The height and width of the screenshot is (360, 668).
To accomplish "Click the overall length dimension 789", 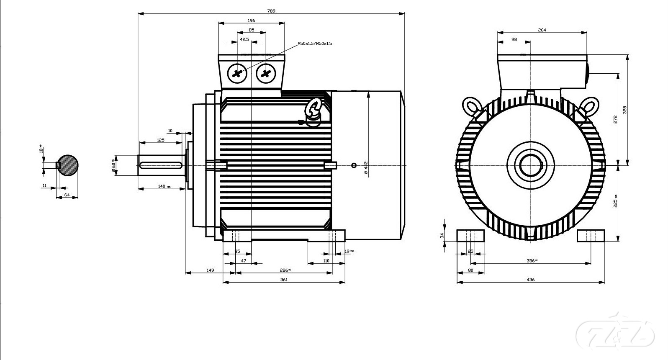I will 271,11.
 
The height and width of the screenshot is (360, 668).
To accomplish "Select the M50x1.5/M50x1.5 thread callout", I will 314,44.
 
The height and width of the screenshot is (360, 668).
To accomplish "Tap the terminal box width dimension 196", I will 251,21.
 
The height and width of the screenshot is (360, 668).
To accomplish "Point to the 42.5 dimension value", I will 244,39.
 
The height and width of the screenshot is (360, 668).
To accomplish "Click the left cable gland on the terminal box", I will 237,74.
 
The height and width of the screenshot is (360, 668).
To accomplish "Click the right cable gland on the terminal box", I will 265,74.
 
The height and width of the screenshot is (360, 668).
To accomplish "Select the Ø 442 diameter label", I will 365,167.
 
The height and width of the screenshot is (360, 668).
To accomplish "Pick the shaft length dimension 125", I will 161,140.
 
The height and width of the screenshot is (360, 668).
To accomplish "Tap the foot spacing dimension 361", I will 284,280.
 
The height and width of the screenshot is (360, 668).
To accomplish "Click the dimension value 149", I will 210,270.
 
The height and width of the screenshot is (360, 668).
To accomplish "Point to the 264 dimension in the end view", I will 542,30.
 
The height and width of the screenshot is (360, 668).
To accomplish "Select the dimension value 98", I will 514,39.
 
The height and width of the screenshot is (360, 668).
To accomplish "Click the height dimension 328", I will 624,110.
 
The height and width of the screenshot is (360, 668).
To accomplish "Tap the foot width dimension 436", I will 530,280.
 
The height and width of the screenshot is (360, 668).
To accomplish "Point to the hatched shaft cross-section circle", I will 67,165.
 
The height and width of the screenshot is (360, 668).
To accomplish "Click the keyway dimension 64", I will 67,195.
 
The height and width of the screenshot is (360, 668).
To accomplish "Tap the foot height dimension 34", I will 442,236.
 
